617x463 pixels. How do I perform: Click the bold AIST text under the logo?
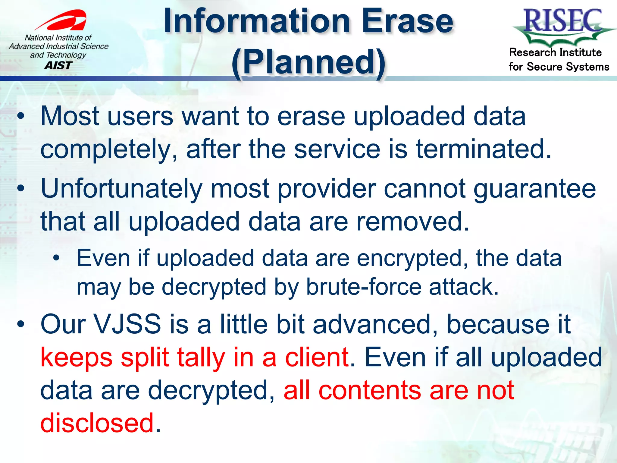coord(58,65)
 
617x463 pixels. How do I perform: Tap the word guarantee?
coord(535,189)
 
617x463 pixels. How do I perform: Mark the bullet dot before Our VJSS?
coord(20,324)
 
